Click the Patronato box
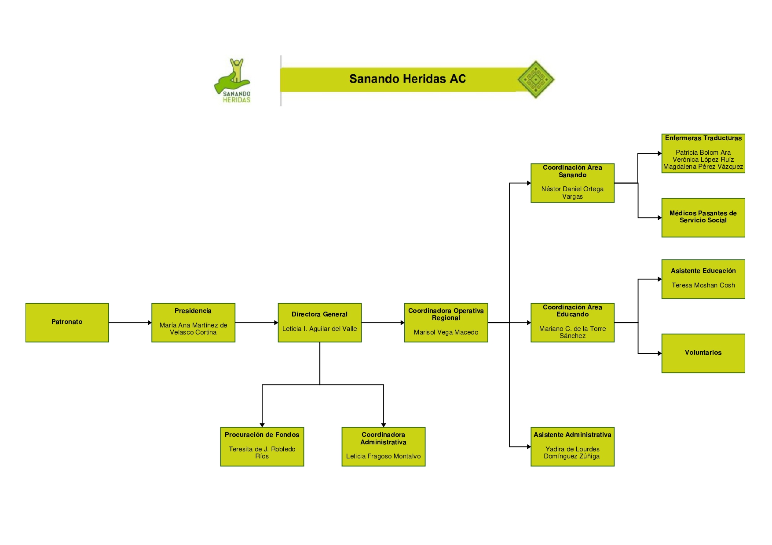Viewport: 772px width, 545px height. [67, 322]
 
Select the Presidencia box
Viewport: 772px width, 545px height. [193, 322]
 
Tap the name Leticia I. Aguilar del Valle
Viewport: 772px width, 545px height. [319, 329]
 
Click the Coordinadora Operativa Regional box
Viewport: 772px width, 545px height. [446, 322]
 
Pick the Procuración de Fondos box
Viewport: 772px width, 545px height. [262, 446]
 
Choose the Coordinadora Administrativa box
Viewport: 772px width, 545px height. [383, 446]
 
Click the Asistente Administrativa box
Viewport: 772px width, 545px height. [572, 446]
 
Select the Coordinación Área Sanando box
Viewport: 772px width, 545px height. [572, 183]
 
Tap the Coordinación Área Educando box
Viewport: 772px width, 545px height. [572, 322]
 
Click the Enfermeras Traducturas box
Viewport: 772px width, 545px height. [703, 153]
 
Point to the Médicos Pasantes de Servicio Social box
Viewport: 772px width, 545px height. [703, 217]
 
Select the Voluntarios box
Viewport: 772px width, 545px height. [703, 353]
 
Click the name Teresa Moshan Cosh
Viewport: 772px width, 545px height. [703, 285]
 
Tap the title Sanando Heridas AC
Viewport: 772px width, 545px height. [407, 79]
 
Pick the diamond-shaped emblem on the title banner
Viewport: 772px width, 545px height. [535, 80]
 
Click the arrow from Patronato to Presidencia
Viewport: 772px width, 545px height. [130, 323]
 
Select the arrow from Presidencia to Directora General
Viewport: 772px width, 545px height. [256, 323]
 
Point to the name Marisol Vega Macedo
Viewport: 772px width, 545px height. [446, 332]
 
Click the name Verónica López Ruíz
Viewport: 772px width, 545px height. [703, 160]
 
